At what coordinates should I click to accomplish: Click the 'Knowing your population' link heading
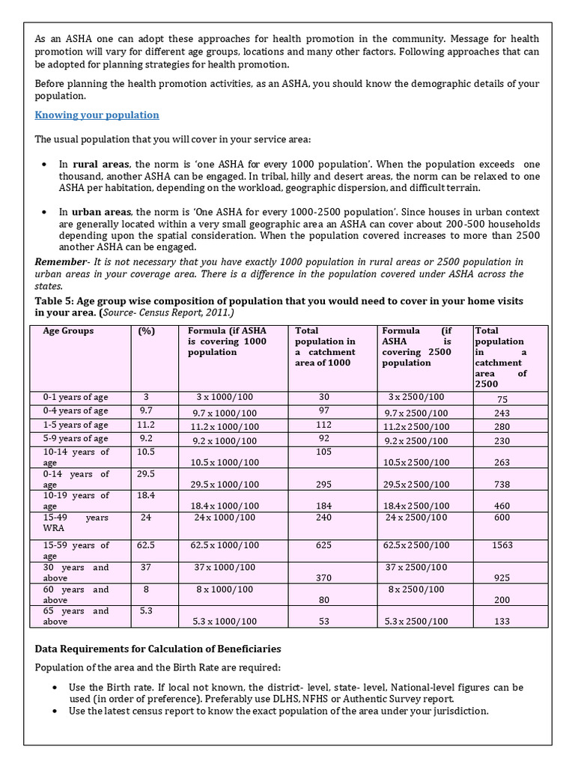pyautogui.click(x=97, y=115)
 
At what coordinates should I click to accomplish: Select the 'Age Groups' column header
pyautogui.click(x=68, y=330)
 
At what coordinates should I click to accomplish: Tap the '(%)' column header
pyautogui.click(x=147, y=330)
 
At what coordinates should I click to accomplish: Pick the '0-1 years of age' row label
pyautogui.click(x=75, y=397)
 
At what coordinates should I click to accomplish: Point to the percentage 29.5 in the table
pyautogui.click(x=146, y=474)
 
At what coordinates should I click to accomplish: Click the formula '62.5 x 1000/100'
pyautogui.click(x=225, y=545)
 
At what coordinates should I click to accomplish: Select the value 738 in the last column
pyautogui.click(x=502, y=485)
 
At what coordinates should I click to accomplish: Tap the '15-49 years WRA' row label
pyautogui.click(x=76, y=523)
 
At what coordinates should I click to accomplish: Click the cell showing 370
pyautogui.click(x=323, y=577)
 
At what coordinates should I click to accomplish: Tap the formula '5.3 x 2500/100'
pyautogui.click(x=417, y=621)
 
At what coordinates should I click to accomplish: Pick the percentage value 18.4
pyautogui.click(x=146, y=496)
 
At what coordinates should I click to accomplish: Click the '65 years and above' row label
pyautogui.click(x=76, y=616)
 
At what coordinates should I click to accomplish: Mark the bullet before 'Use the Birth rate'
pyautogui.click(x=56, y=687)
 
